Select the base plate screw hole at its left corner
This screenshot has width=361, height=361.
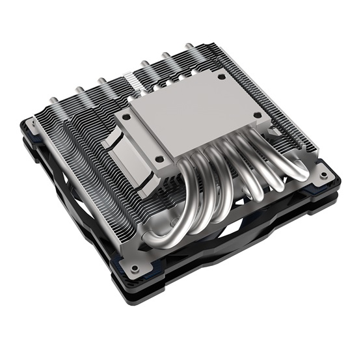127,118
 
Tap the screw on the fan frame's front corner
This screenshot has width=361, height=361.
135,267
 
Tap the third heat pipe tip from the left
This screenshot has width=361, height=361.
101,81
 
